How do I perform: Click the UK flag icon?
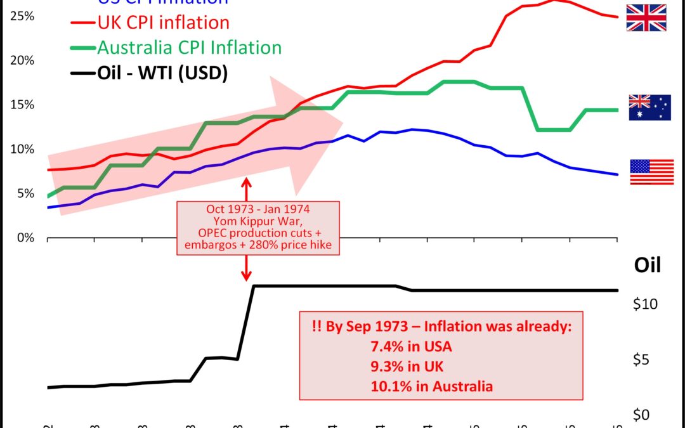pos(646,18)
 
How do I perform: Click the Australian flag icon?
pos(649,107)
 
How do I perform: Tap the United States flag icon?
pos(652,172)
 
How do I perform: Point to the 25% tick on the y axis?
pos(22,15)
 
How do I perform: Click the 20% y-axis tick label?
pos(22,60)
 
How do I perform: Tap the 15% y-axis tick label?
pos(22,105)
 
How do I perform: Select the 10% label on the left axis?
pos(22,149)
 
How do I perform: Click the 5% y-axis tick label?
pos(25,193)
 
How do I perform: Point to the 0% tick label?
pos(25,238)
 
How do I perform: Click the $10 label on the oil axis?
pos(645,304)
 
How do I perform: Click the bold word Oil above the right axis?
pos(648,265)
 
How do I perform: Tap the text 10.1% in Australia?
pos(432,386)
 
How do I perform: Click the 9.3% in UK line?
pos(408,366)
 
